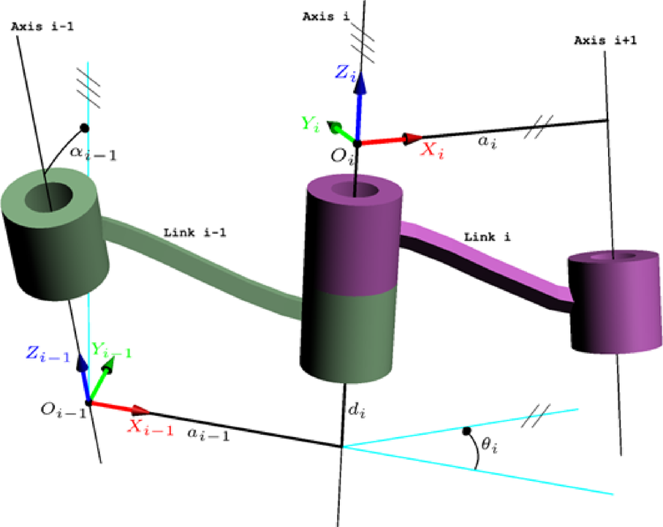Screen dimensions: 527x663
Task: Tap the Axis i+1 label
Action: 605,41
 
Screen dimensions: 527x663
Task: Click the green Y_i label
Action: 311,123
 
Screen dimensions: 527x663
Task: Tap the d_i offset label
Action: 358,413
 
